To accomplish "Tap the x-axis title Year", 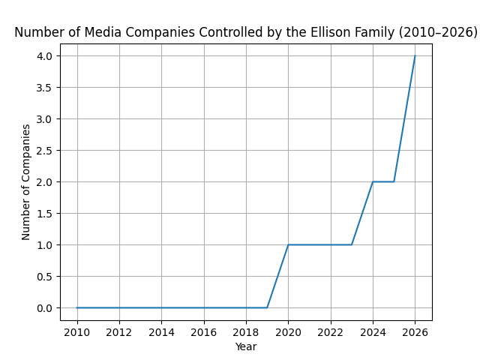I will click(246, 346).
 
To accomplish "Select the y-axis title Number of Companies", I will click(26, 182).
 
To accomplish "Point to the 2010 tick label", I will click(77, 331).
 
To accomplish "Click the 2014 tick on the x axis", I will click(161, 331).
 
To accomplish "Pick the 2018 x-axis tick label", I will click(246, 331).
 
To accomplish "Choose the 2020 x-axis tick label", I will click(288, 331).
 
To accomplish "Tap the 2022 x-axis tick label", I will click(331, 331).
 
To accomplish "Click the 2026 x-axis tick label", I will click(415, 331).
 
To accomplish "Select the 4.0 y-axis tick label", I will click(44, 56).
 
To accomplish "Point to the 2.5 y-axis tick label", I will click(44, 151).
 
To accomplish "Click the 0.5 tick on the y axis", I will click(44, 277).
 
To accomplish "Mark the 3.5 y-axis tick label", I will click(44, 88).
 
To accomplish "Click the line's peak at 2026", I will click(415, 56).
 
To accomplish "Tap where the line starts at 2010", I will click(77, 307).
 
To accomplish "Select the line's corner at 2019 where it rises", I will click(267, 307).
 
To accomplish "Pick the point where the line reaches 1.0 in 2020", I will click(288, 244).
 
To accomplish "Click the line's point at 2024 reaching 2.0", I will click(373, 181).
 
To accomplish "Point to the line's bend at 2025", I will click(394, 181).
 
